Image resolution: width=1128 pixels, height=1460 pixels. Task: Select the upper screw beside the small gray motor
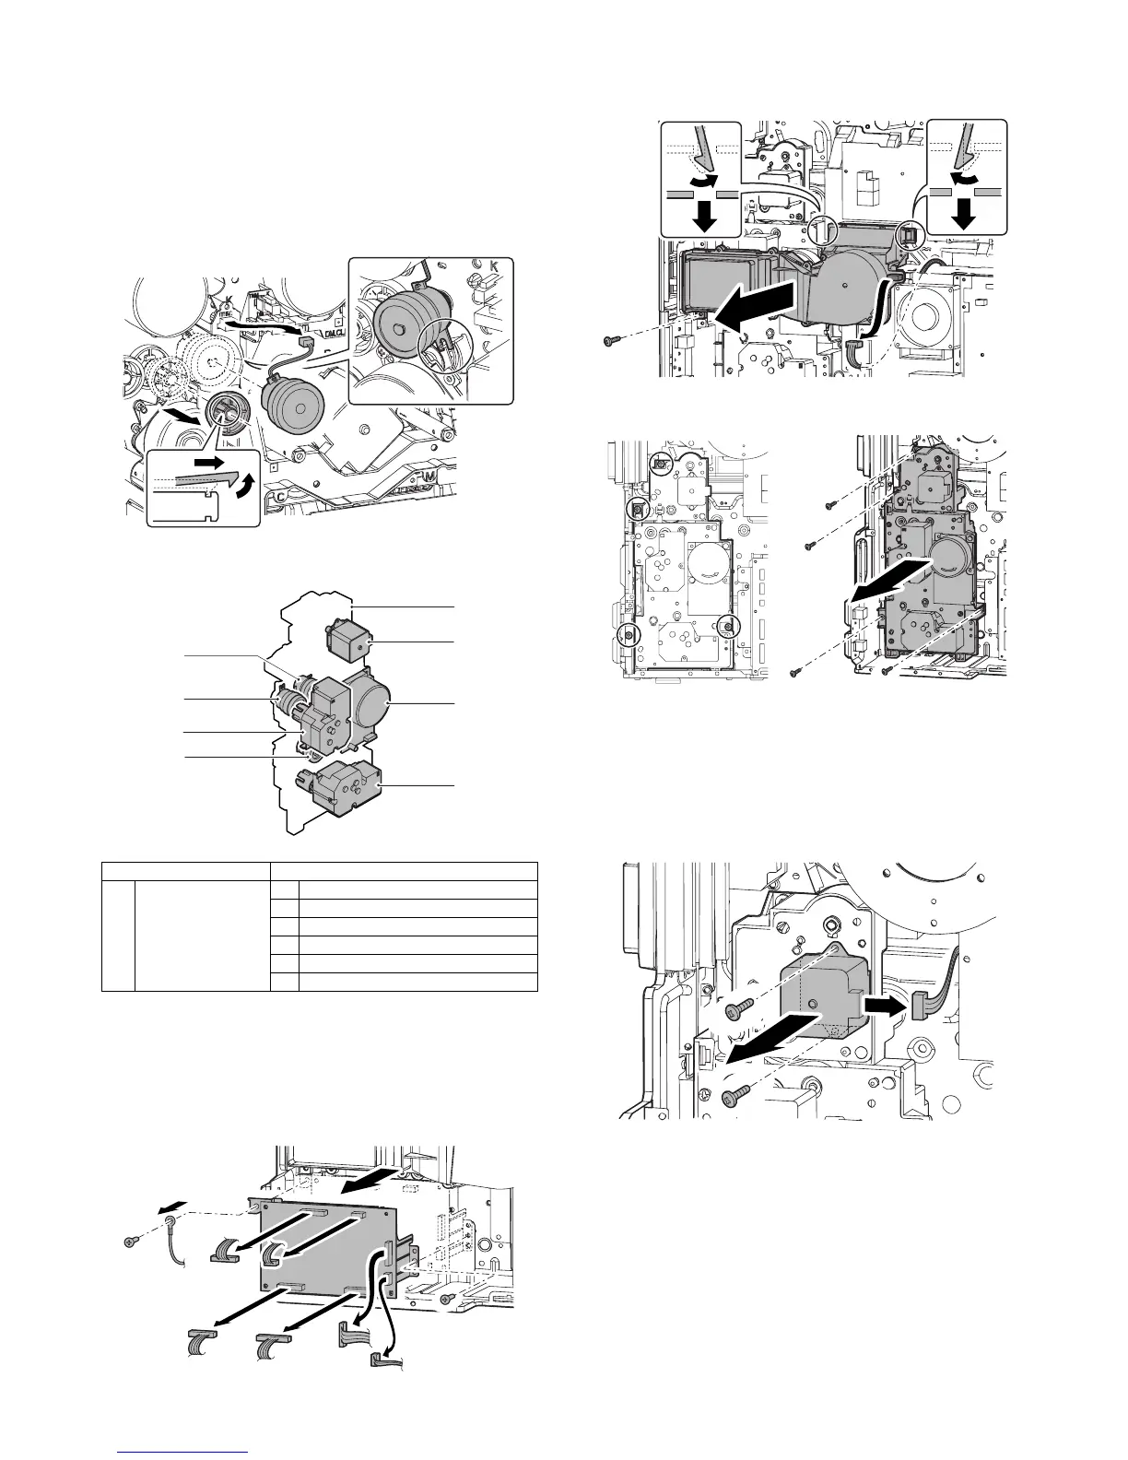pos(737,1012)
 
